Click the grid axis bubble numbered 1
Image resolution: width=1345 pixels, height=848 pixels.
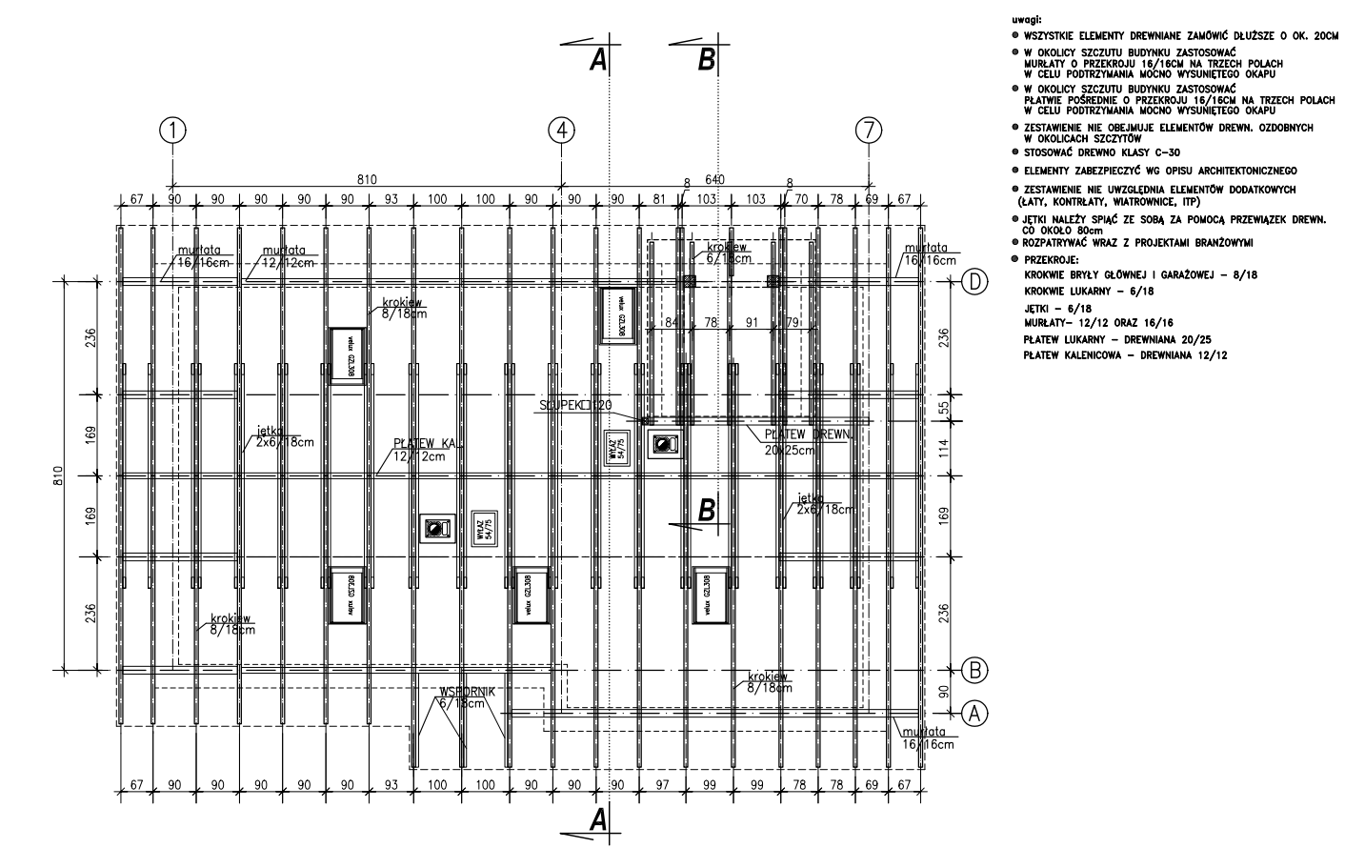171,131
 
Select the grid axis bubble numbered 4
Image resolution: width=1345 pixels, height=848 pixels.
562,131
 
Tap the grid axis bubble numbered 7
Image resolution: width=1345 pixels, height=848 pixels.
869,131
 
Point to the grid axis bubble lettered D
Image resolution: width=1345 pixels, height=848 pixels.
974,282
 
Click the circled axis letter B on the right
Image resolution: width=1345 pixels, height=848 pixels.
974,669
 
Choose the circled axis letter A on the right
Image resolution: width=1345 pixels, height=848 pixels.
974,712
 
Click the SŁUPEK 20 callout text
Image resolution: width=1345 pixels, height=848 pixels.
574,406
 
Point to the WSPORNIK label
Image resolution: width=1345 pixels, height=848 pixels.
468,692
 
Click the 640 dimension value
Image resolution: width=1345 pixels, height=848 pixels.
714,179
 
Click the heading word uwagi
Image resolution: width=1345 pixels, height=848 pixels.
1027,18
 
